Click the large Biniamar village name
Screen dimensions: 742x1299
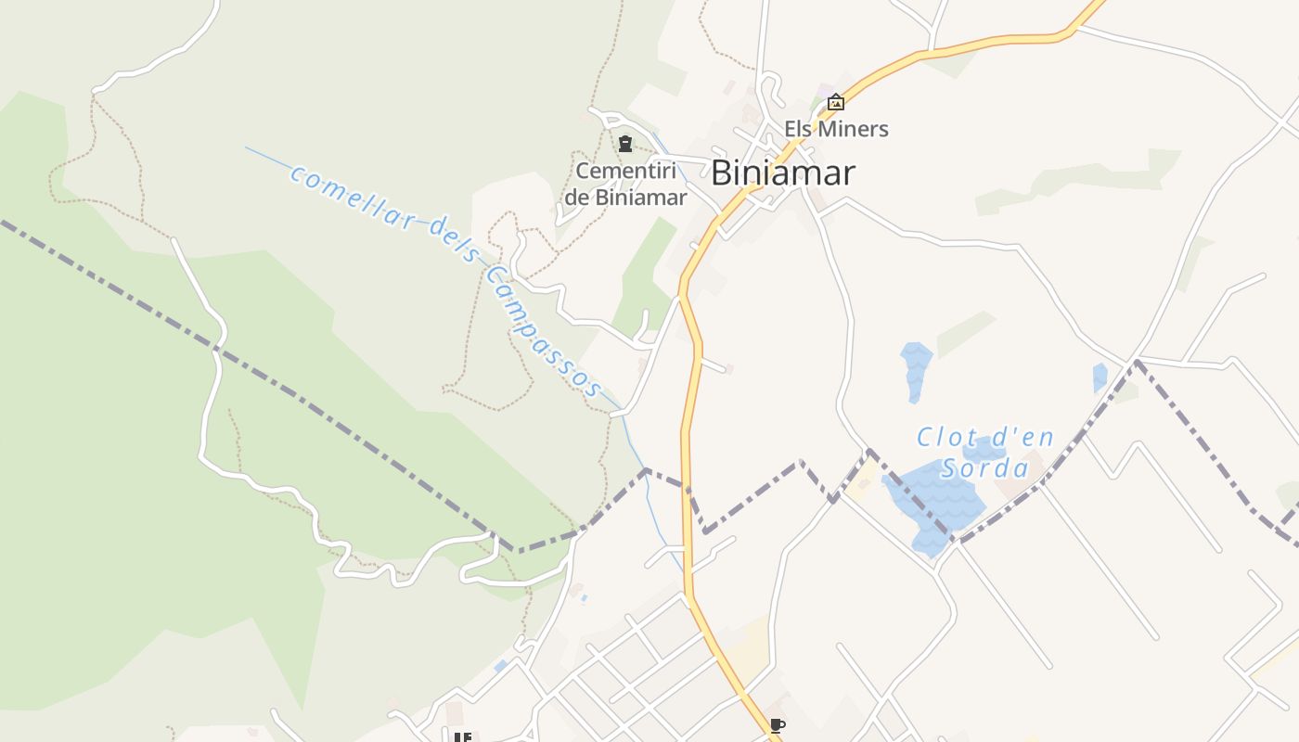coord(782,173)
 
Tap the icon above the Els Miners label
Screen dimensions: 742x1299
coord(836,102)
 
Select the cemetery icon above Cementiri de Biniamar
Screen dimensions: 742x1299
coord(625,144)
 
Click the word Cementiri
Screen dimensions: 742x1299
coord(625,172)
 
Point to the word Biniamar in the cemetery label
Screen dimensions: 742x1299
coord(640,198)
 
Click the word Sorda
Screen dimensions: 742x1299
coord(985,467)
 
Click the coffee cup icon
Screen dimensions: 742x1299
coord(777,725)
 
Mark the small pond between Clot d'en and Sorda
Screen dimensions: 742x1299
coord(982,452)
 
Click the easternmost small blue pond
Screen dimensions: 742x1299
coord(1100,377)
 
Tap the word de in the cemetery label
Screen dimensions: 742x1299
coord(577,198)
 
